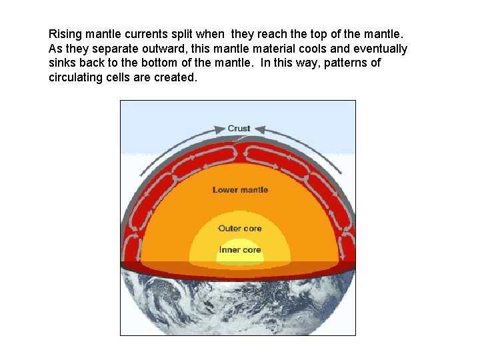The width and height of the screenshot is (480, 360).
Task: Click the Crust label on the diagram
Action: pyautogui.click(x=239, y=129)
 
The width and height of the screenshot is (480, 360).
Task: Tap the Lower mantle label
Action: pyautogui.click(x=240, y=190)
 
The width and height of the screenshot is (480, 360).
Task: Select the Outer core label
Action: pyautogui.click(x=240, y=229)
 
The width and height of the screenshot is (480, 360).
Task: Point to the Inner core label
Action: pyautogui.click(x=240, y=250)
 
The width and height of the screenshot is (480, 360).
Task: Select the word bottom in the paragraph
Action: pyautogui.click(x=167, y=63)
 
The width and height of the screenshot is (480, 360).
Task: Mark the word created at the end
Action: pyautogui.click(x=178, y=78)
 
